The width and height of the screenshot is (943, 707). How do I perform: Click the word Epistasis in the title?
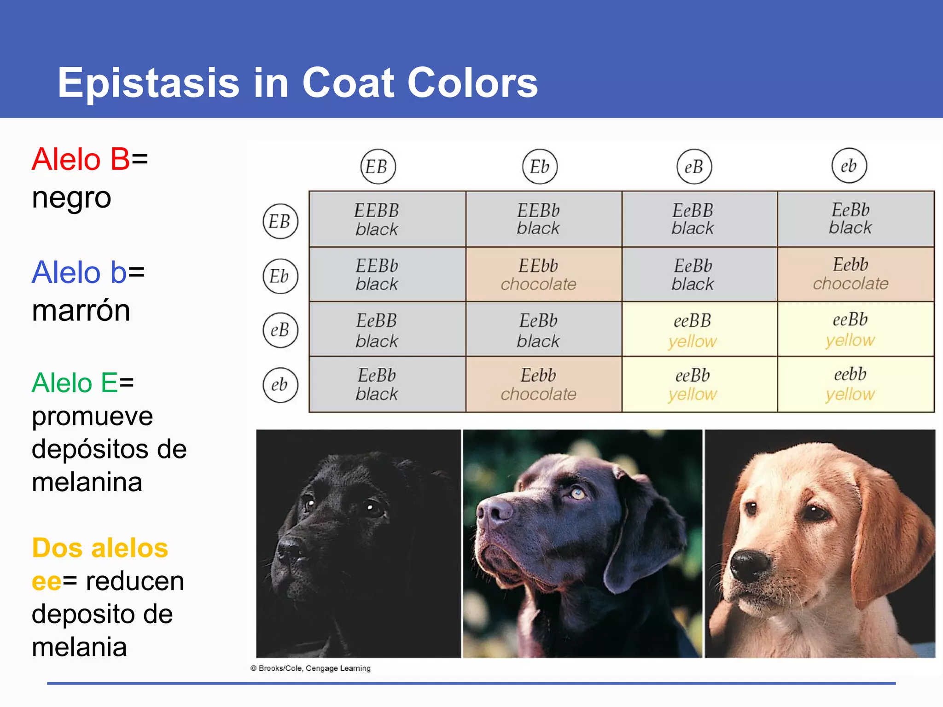148,83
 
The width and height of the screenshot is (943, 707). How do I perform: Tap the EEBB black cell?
377,219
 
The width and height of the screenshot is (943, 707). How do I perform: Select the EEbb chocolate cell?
538,274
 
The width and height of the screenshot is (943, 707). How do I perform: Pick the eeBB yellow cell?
693,330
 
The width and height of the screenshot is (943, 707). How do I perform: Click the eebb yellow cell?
850,384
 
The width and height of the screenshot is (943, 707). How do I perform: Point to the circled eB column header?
694,167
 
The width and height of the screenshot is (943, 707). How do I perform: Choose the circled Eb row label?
280,276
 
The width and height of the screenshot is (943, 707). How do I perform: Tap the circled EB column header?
378,167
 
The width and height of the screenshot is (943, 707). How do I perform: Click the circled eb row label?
280,385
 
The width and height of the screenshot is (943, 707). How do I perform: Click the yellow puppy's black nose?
749,565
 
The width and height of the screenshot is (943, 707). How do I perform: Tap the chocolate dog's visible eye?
577,494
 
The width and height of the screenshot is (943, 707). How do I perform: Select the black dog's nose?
291,548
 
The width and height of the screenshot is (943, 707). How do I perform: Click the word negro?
71,198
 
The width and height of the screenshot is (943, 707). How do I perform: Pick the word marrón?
81,310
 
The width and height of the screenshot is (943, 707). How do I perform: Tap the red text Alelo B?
81,159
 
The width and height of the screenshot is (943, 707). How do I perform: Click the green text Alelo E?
75,383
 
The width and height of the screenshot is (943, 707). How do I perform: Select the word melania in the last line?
79,647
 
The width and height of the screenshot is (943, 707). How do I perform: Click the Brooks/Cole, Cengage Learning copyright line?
311,668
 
